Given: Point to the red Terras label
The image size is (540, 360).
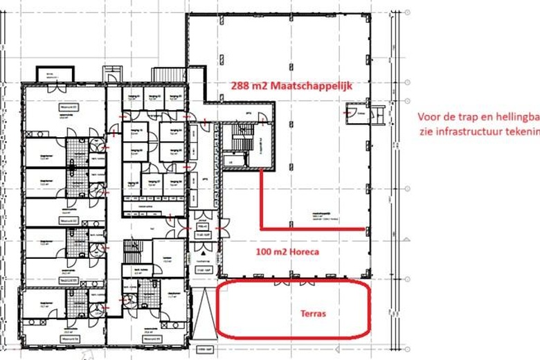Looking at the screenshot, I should [x=314, y=313].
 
